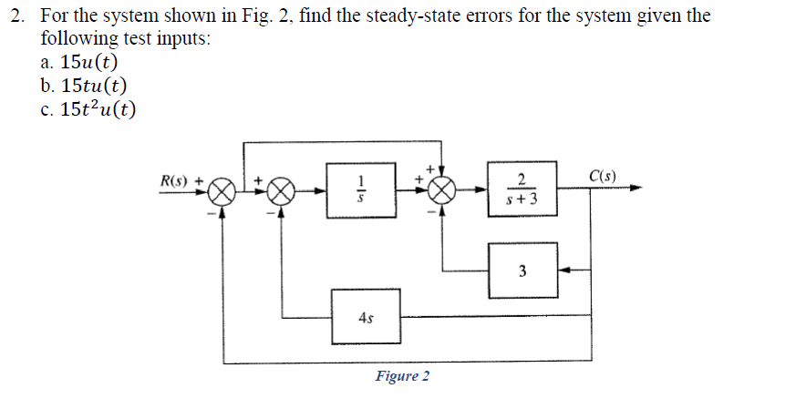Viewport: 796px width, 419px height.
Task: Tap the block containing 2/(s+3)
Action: (522, 191)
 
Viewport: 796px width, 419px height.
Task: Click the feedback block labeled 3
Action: (522, 271)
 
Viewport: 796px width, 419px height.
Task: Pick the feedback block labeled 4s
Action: (366, 317)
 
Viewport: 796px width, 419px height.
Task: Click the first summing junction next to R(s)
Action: (222, 192)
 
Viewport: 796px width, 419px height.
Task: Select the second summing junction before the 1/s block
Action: (282, 192)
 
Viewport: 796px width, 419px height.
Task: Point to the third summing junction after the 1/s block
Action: (442, 191)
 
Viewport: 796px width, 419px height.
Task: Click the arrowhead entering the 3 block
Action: (563, 271)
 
